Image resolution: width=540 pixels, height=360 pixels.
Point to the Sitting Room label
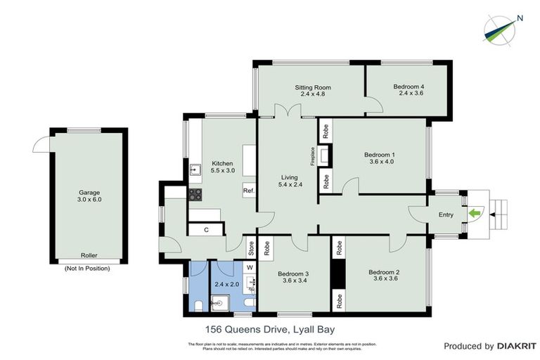click(312, 88)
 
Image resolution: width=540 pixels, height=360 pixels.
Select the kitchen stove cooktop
click(195, 195)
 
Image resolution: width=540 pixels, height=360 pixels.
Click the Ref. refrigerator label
click(248, 191)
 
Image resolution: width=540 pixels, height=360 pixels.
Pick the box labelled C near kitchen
click(206, 229)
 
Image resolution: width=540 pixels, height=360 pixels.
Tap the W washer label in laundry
click(249, 267)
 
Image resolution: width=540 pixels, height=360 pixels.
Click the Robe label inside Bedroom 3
click(268, 247)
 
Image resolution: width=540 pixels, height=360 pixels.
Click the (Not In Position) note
click(89, 269)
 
